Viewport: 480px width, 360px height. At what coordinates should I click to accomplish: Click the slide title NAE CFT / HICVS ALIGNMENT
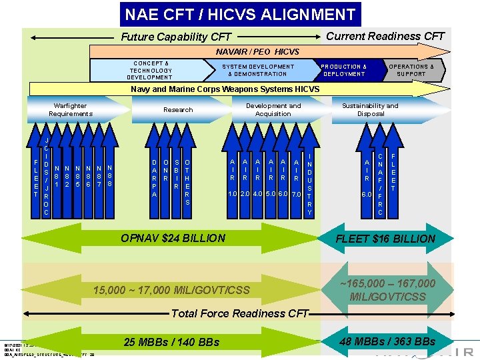pyautogui.click(x=241, y=14)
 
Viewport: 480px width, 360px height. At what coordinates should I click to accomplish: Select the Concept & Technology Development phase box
pyautogui.click(x=151, y=70)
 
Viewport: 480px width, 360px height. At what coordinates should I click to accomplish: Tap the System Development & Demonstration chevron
pyautogui.click(x=258, y=70)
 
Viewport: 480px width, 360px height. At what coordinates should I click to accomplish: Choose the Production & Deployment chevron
pyautogui.click(x=344, y=70)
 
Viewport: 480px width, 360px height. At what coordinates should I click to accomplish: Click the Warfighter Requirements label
pyautogui.click(x=71, y=110)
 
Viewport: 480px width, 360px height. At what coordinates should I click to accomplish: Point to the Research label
pyautogui.click(x=178, y=110)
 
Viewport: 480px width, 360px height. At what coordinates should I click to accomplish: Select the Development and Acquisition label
pyautogui.click(x=273, y=110)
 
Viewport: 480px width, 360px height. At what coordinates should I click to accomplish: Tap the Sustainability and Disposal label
pyautogui.click(x=370, y=110)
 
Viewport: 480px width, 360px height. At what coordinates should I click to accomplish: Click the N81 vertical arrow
pyautogui.click(x=58, y=177)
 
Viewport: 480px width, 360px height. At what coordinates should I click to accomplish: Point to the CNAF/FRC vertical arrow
pyautogui.click(x=379, y=180)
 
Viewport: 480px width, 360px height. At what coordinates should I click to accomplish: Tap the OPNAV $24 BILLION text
pyautogui.click(x=173, y=238)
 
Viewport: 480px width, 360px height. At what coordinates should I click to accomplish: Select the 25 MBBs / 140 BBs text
pyautogui.click(x=171, y=342)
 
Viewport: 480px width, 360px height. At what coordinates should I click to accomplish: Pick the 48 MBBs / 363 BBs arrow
pyautogui.click(x=387, y=341)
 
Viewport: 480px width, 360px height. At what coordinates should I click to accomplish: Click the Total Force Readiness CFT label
pyautogui.click(x=240, y=313)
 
